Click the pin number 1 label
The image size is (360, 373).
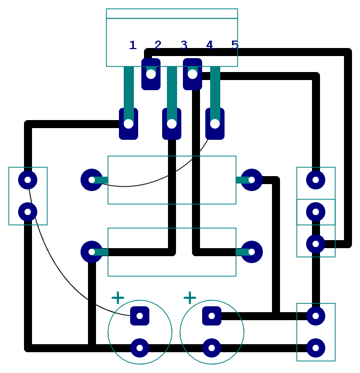(133, 45)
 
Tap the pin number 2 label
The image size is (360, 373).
(158, 45)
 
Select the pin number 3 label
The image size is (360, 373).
(184, 45)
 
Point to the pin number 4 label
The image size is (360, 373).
(209, 45)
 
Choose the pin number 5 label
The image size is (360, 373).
(235, 45)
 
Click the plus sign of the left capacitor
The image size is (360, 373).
(118, 298)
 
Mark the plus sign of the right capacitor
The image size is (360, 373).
(190, 298)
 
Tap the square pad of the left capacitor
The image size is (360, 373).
(140, 316)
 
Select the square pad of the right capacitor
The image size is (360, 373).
(212, 316)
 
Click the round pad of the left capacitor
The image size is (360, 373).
(140, 348)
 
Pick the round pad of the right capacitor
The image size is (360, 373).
(212, 348)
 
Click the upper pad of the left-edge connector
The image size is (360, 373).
(28, 180)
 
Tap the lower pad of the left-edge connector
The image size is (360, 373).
(28, 212)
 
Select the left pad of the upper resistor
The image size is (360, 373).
(92, 180)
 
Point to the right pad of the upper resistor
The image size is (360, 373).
(252, 180)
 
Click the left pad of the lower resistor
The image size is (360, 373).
(92, 252)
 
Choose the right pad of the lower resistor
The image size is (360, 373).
(252, 252)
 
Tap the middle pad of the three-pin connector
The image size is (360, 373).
(316, 212)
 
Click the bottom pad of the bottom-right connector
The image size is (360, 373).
(316, 348)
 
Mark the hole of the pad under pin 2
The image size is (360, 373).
(151, 74)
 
